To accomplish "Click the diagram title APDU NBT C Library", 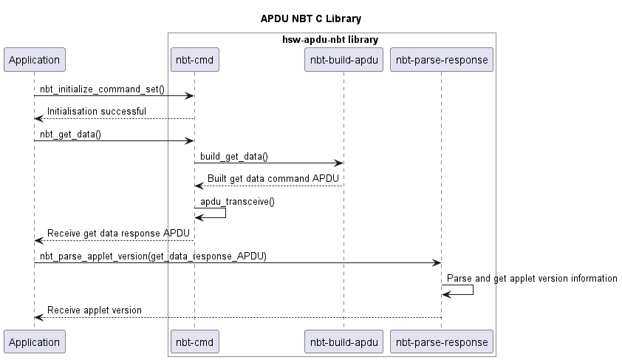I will (311, 18).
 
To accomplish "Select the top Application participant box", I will (34, 60).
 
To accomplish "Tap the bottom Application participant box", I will (34, 342).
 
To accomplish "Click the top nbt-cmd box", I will (194, 60).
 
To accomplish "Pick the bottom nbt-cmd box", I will (194, 342).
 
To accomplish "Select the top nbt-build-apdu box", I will (344, 60).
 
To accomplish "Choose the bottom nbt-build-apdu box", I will (344, 342).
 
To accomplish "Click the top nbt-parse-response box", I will (442, 60).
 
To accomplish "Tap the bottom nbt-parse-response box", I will (442, 342).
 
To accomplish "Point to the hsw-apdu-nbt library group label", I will (332, 39).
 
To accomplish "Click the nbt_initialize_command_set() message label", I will (102, 89).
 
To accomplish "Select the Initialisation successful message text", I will (97, 112).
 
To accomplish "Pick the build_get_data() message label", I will (234, 156).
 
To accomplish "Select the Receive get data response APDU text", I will (118, 234).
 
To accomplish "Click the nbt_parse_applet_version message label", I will (153, 256).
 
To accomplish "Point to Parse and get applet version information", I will (532, 278).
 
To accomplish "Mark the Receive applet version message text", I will (95, 310).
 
